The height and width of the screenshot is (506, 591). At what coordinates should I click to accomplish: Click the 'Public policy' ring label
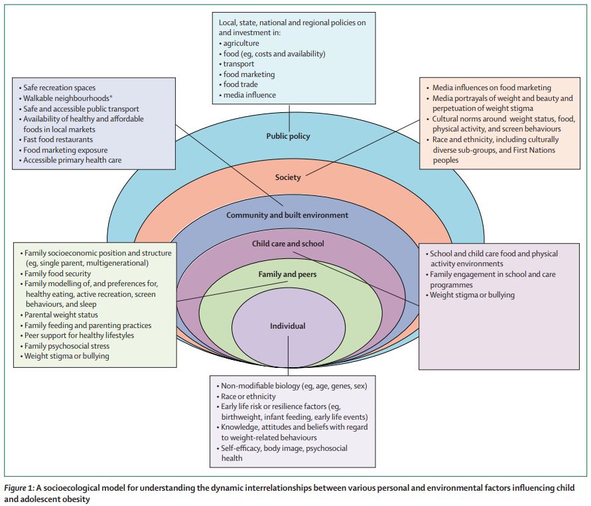288,136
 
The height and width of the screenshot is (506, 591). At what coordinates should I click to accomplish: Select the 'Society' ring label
288,177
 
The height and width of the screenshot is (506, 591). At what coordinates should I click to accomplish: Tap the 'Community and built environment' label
287,215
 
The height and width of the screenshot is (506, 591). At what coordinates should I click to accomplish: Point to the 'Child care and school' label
288,244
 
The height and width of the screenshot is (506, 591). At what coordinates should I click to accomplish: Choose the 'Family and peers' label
288,274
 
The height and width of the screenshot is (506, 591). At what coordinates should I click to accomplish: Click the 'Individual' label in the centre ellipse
288,326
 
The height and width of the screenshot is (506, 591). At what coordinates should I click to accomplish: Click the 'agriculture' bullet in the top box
245,42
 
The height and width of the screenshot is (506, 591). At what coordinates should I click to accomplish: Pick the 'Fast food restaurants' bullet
58,139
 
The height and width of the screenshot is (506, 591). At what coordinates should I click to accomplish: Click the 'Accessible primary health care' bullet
72,160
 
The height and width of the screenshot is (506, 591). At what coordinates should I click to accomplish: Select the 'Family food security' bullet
58,274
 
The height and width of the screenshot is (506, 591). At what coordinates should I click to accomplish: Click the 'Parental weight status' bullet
61,315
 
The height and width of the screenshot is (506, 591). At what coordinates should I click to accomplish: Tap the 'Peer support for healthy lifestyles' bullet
79,335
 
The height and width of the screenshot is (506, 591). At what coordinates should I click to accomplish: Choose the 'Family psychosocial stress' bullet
67,346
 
